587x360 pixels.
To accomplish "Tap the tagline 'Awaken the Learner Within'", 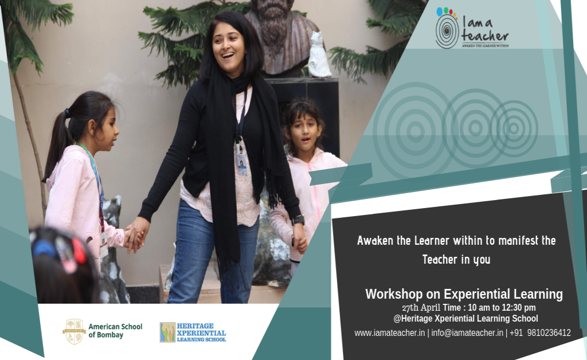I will coord(485,45).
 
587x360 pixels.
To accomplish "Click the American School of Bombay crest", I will coord(74,331).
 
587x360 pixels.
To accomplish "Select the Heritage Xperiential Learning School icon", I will coord(167,332).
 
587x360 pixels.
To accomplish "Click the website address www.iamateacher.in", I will coord(389,332).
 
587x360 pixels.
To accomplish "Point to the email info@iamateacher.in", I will coord(467,332).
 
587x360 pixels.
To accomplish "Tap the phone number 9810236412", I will coord(549,332).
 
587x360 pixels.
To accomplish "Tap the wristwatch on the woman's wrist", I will coord(297,220).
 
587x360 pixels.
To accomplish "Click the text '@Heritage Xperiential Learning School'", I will coord(465,319).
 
